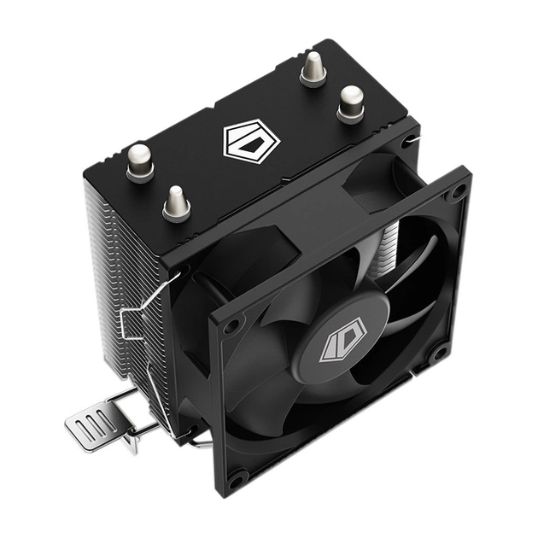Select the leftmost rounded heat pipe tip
coord(140,161)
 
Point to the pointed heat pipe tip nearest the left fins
coord(177,202)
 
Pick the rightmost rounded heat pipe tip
coord(351,102)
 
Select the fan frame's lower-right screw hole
coord(440,351)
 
